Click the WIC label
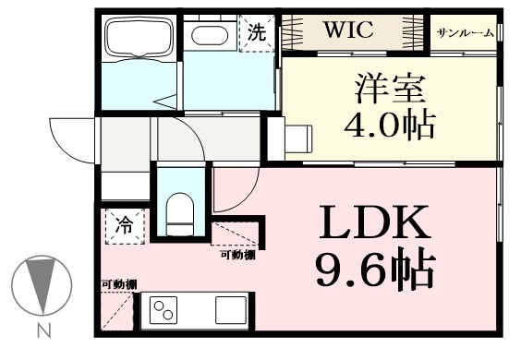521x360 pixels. pyautogui.click(x=348, y=30)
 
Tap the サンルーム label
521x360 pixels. pyautogui.click(x=466, y=33)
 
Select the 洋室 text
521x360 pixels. pyautogui.click(x=391, y=89)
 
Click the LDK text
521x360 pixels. pyautogui.click(x=375, y=222)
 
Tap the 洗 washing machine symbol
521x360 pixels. pyautogui.click(x=258, y=32)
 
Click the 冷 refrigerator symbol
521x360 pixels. pyautogui.click(x=125, y=226)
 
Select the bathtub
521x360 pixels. pyautogui.click(x=139, y=37)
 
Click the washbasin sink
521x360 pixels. pyautogui.click(x=210, y=35)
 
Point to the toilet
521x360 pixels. pyautogui.click(x=179, y=215)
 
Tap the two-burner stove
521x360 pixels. pyautogui.click(x=164, y=310)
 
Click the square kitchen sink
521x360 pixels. pyautogui.click(x=231, y=310)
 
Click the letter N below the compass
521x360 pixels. pyautogui.click(x=43, y=330)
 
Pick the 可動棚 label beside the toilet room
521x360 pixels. pyautogui.click(x=238, y=255)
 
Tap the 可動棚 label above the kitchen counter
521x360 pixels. pyautogui.click(x=119, y=284)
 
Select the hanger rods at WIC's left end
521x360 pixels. pyautogui.click(x=293, y=33)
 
